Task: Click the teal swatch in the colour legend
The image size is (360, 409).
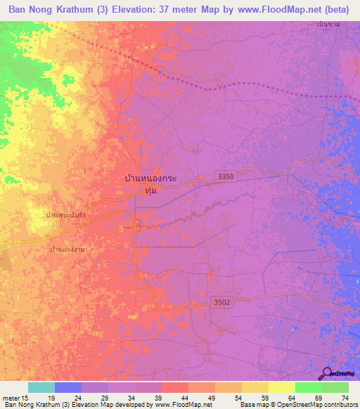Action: [x=41, y=387]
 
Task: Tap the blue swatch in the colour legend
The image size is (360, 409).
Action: [x=67, y=387]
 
